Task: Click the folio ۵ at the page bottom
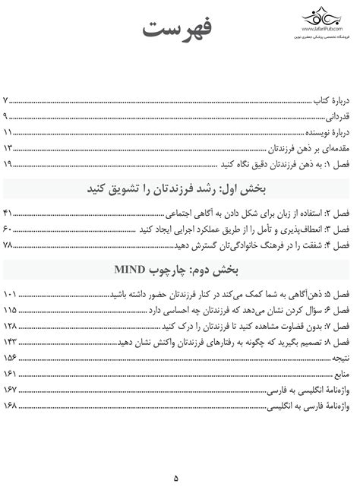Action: pyautogui.click(x=176, y=457)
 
